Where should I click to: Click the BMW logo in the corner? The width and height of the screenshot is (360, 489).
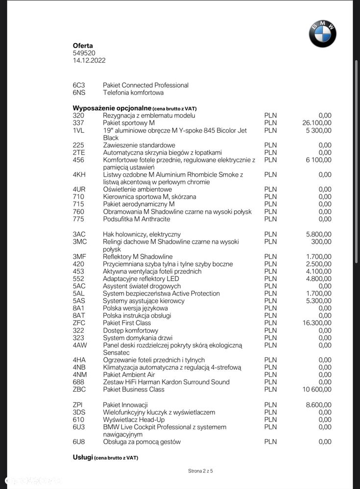(x=322, y=34)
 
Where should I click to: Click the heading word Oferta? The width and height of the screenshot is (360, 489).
(x=83, y=46)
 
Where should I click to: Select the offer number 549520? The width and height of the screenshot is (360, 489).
(x=84, y=53)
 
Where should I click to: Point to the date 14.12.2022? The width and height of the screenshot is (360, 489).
(x=89, y=61)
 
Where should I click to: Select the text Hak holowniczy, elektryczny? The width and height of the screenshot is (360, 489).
(x=142, y=234)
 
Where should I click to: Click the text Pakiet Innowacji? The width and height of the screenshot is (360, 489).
(x=125, y=405)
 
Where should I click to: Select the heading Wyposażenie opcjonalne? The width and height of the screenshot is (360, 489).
(x=112, y=108)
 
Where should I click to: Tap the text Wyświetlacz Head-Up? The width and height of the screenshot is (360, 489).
(x=134, y=419)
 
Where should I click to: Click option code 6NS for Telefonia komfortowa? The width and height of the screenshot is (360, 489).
(x=79, y=93)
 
